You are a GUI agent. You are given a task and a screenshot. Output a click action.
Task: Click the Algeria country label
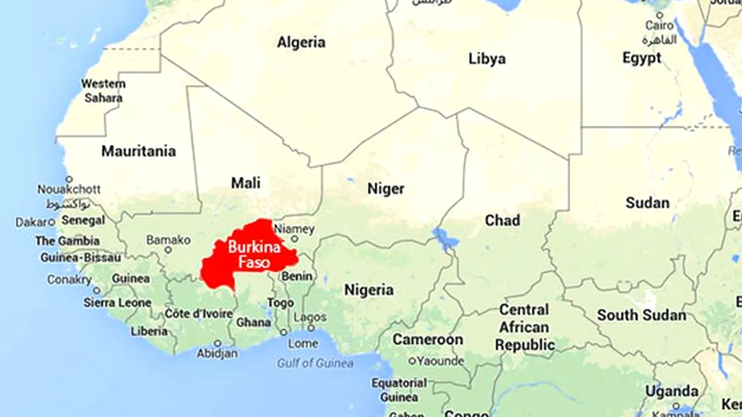click(301, 42)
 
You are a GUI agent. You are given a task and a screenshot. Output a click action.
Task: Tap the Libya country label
click(487, 58)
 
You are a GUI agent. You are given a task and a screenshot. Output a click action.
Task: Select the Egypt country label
click(642, 58)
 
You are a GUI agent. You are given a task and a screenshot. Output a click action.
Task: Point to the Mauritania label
click(139, 151)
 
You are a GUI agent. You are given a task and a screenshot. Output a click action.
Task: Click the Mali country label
click(246, 183)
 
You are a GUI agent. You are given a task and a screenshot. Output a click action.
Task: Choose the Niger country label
click(386, 188)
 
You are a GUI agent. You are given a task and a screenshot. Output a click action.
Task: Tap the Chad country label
click(502, 220)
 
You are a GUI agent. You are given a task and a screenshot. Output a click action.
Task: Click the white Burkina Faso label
click(254, 255)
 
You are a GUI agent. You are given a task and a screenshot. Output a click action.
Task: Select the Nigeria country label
click(369, 289)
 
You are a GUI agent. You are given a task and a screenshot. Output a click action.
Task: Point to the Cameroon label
click(428, 339)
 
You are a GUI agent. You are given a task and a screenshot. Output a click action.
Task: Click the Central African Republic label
click(525, 327)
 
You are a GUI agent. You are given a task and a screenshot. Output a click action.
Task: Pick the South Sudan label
click(642, 315)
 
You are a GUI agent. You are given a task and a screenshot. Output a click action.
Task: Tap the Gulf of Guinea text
click(315, 363)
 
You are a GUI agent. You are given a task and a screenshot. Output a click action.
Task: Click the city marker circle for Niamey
click(294, 239)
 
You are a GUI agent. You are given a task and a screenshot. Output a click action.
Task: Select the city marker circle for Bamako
click(168, 250)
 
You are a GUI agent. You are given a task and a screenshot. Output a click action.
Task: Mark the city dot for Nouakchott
click(69, 180)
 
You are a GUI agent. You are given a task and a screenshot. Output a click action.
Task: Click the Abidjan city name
click(217, 353)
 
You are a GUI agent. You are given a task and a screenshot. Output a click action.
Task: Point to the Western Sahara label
click(103, 91)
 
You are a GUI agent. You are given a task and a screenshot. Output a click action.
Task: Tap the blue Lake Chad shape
click(442, 237)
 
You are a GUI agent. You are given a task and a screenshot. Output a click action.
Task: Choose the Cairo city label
click(660, 26)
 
